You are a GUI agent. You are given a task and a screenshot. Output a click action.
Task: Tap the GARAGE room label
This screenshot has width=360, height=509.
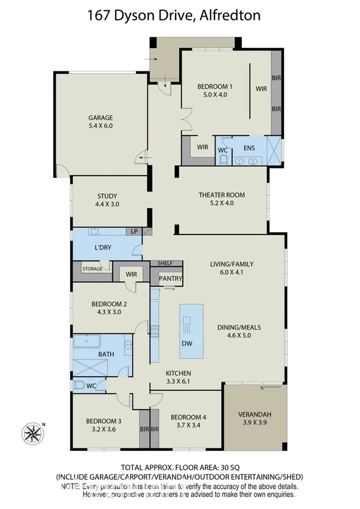tap(101, 118)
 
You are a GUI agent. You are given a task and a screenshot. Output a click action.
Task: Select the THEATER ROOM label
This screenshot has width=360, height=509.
tap(222, 195)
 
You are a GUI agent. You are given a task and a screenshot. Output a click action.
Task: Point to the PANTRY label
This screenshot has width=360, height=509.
tap(170, 279)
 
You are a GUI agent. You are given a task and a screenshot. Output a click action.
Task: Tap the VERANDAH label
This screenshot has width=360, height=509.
tap(256, 414)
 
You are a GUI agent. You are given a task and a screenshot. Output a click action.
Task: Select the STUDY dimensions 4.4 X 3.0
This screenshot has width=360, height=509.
tap(107, 204)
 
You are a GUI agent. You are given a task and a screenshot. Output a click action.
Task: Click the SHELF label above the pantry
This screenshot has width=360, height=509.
tap(165, 263)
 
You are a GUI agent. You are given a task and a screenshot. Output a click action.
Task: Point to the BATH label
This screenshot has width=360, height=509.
tap(106, 354)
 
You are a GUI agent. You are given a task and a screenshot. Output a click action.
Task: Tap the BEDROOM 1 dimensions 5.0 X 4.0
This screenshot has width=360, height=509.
tap(214, 95)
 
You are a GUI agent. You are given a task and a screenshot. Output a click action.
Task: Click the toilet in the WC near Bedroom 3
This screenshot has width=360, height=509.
tap(80, 385)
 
